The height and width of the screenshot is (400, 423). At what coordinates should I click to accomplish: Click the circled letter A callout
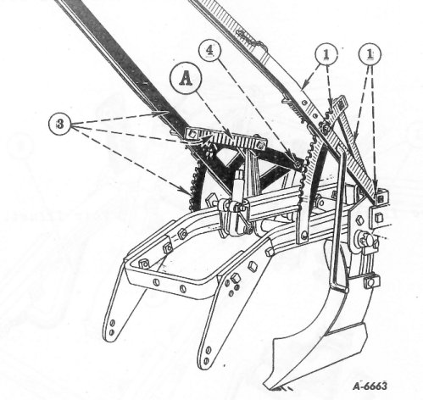[x=186, y=78]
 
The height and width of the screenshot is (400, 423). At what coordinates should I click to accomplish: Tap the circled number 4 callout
[x=209, y=51]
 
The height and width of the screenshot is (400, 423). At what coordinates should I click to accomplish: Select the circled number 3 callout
[x=59, y=124]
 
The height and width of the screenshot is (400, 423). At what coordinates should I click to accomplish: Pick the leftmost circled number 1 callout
[x=326, y=54]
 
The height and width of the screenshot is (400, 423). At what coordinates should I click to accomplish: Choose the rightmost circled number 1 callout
[x=370, y=54]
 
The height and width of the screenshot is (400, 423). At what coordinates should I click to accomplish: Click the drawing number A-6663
[x=370, y=386]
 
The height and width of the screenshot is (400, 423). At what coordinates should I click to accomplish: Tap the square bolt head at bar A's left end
[x=192, y=134]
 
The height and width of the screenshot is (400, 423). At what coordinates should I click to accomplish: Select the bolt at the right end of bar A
[x=261, y=146]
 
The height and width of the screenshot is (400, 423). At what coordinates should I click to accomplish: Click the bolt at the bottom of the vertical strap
[x=303, y=235]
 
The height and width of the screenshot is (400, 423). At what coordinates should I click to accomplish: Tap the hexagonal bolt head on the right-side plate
[x=359, y=219]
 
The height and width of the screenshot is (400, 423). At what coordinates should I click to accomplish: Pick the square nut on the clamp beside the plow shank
[x=370, y=281]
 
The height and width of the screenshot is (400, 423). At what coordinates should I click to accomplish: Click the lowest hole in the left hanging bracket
[x=111, y=332]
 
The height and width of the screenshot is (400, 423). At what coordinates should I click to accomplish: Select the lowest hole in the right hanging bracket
[x=206, y=361]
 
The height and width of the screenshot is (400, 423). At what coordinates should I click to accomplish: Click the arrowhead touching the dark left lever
[x=164, y=113]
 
